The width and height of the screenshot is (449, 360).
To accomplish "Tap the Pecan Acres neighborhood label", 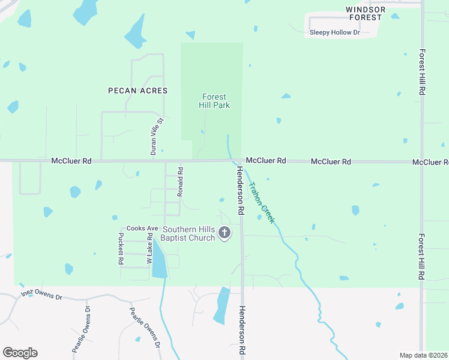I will (137, 91).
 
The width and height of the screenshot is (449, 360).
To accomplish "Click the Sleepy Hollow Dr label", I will (334, 32).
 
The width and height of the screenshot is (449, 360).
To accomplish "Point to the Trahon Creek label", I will (261, 203).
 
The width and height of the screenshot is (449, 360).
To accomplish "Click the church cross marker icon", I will (224, 233).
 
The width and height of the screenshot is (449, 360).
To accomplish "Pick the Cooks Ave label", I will (142, 229).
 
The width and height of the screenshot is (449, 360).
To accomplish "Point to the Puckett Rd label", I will (121, 248).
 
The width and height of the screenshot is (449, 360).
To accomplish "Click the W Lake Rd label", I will (149, 249).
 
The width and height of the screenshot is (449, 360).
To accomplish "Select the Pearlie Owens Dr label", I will (81, 329).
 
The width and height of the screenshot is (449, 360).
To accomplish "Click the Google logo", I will (20, 353).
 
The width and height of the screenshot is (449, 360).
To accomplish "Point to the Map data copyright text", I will (424, 355).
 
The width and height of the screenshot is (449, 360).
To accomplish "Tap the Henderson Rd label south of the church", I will (243, 332).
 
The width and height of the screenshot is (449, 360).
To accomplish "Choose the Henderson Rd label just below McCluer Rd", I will (240, 191).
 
